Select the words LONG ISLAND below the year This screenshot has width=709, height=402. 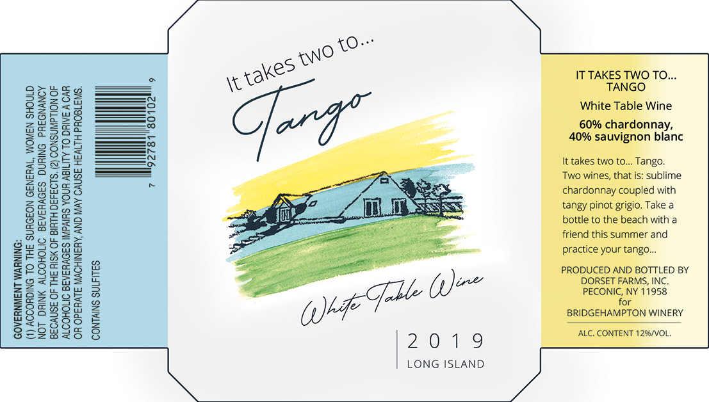point(446,364)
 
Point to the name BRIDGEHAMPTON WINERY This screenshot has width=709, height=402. point(624,313)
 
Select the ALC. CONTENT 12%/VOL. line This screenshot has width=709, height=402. point(624,334)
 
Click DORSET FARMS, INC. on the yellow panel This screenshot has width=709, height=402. point(624,280)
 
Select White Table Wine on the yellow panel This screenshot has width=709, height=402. point(624,106)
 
